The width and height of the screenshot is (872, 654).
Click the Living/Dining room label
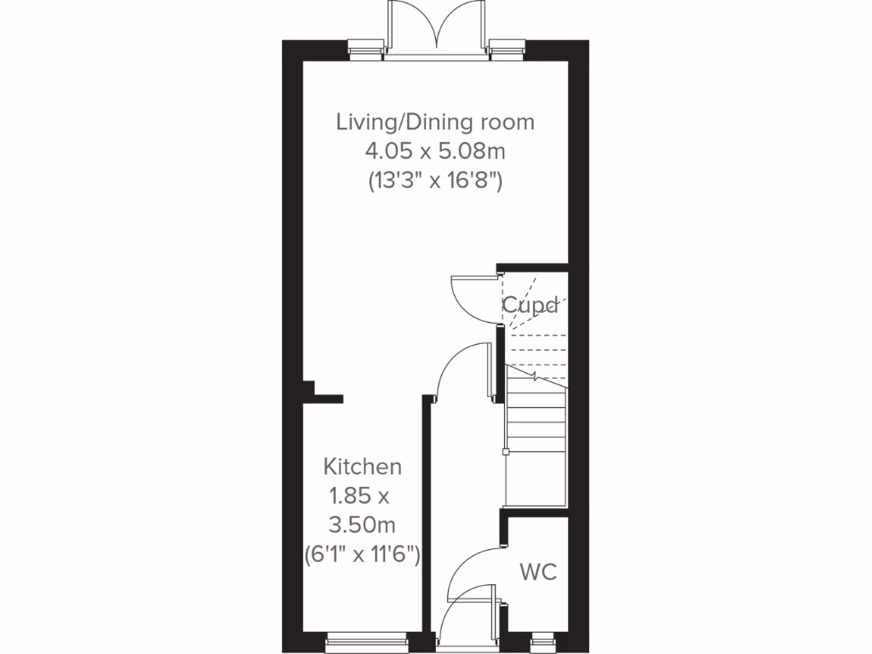[435, 122]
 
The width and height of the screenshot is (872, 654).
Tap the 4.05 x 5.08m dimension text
[435, 151]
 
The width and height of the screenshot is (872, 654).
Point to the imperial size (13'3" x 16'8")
[435, 180]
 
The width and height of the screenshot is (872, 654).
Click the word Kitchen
[362, 467]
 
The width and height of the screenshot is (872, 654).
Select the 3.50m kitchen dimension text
[363, 523]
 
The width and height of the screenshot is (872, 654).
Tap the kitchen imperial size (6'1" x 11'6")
[363, 554]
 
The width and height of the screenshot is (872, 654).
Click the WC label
[538, 571]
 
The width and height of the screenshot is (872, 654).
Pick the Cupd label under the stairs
[530, 305]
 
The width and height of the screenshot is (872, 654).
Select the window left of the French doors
[365, 49]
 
